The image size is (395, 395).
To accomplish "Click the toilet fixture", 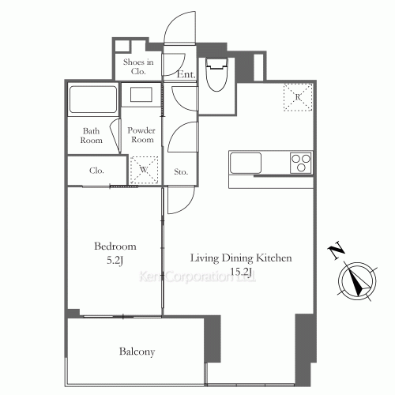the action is [216, 74].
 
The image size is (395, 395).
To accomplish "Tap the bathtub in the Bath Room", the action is [92, 99].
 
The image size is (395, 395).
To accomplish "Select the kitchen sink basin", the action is [246, 163].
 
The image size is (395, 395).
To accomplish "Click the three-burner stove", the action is [301, 163].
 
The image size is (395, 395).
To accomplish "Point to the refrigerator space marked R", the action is [298, 97].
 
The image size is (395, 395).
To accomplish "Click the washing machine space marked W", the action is [144, 170].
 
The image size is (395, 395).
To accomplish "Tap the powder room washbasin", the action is [141, 95].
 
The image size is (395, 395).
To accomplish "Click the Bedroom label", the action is [115, 246].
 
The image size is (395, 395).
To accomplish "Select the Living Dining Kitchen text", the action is [241, 258].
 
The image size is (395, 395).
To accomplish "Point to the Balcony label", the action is [137, 352].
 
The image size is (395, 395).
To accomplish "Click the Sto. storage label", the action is [181, 172].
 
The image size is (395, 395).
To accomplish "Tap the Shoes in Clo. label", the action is [138, 66].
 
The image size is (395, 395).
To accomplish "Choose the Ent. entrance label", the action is [186, 74].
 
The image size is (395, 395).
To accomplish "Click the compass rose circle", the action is [357, 281].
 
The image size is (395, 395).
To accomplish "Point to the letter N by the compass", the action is [337, 250].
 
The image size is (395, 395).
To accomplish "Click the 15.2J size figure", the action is [241, 271].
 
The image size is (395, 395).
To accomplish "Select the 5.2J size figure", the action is [115, 261].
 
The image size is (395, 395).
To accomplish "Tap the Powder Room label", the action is [141, 135].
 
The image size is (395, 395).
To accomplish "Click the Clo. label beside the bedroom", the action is [96, 171].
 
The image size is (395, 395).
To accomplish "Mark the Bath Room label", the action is [91, 136].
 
